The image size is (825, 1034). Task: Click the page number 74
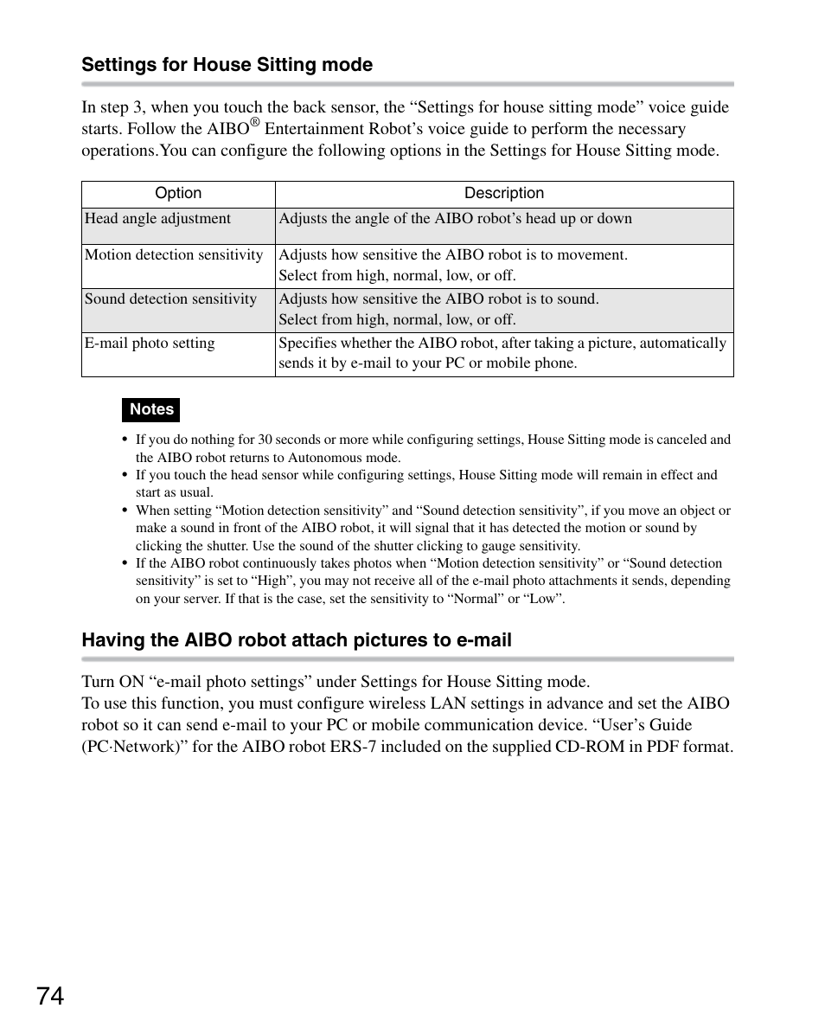coord(51,997)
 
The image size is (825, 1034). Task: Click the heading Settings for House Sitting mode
coord(227,65)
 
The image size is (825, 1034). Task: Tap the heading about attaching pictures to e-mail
coord(297,640)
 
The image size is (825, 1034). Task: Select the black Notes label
coord(151,409)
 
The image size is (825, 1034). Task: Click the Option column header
coord(178,194)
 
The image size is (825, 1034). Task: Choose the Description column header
coord(504,194)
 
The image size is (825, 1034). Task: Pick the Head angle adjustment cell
coord(158,219)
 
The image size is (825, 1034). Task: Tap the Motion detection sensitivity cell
coord(174,255)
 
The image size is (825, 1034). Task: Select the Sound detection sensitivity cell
coord(171,299)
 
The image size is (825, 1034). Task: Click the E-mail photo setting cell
coord(150,344)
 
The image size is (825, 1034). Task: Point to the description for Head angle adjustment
coord(455,219)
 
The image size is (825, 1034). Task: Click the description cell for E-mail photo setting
coord(502,353)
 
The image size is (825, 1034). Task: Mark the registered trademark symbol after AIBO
coord(255,123)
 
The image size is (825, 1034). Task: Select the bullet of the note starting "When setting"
coord(125,511)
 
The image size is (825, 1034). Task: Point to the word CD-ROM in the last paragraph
coord(585,747)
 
